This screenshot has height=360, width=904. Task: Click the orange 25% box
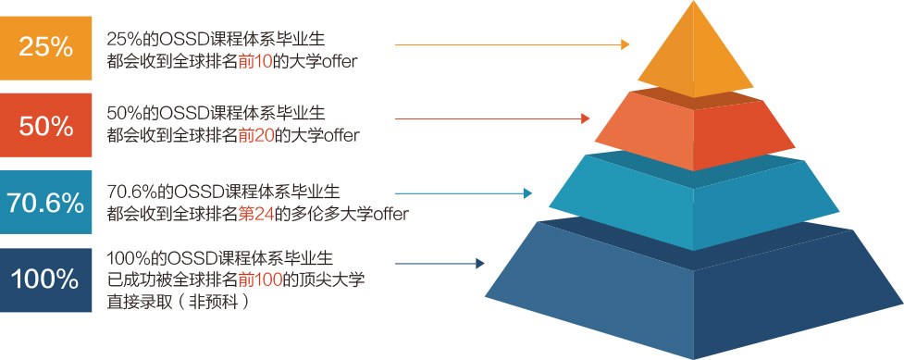(45, 48)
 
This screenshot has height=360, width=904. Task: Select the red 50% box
(45, 125)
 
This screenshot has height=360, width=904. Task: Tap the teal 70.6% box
(45, 202)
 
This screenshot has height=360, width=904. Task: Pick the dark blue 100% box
(45, 279)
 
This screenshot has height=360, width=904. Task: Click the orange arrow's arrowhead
(625, 44)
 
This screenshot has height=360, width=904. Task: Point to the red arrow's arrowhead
(586, 118)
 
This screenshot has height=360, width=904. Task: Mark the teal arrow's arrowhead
(527, 193)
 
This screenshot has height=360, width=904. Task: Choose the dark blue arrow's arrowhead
(479, 264)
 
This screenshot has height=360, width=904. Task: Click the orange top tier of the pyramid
(694, 55)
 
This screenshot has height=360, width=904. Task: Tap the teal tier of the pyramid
(694, 201)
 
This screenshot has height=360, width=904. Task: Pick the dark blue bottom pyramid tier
(694, 289)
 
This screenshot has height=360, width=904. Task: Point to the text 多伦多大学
(334, 214)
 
